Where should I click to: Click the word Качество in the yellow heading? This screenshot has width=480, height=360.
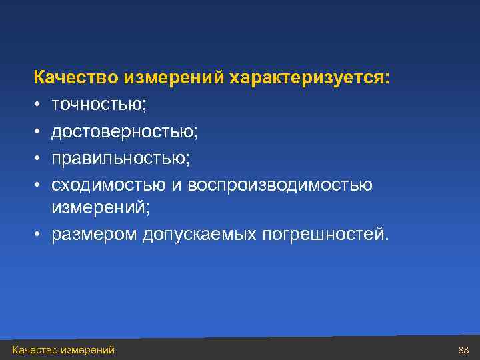point(76,79)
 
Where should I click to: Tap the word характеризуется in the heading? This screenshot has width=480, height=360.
point(307,79)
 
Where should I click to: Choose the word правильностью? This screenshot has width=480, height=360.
point(121,158)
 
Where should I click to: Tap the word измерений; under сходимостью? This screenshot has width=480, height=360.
point(101,209)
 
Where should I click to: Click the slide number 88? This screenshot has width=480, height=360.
point(464,350)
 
